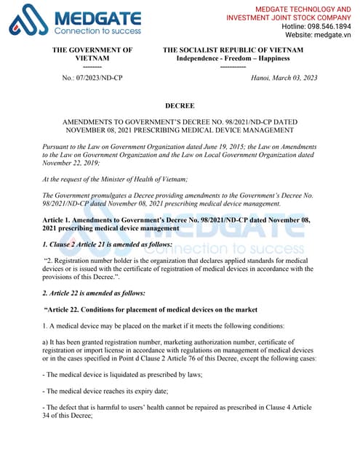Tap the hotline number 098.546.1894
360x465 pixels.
(321, 25)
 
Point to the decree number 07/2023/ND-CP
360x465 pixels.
(93, 76)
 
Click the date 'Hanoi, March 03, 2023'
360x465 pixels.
(284, 76)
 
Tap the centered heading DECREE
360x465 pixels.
(180, 105)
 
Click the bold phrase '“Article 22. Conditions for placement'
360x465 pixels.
(109, 310)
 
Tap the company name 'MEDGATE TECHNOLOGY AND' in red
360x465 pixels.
(292, 7)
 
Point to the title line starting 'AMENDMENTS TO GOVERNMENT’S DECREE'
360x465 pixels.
(180, 121)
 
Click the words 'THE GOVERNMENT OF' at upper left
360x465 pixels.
(92, 49)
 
